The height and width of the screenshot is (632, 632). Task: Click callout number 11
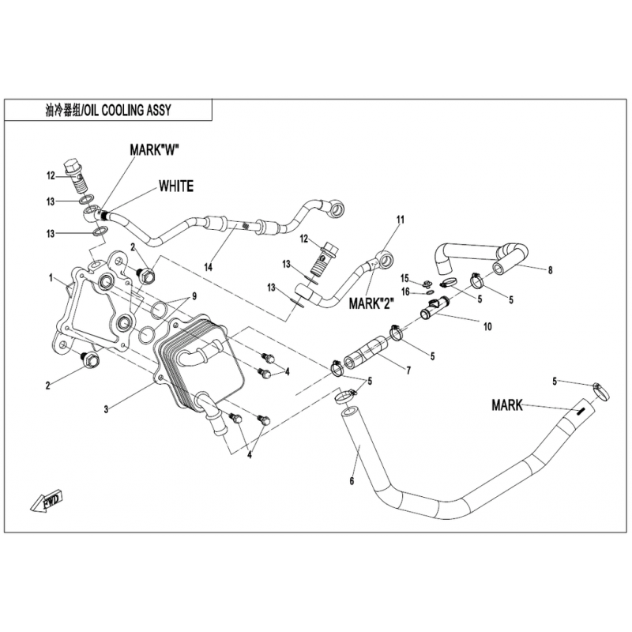coord(400,219)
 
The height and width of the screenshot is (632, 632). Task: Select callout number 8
coord(550,270)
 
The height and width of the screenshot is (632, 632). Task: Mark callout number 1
coord(51,278)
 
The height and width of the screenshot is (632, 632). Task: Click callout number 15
coord(404,278)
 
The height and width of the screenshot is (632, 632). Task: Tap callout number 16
coord(404,292)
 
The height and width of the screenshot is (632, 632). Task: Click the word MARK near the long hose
coord(507,405)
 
